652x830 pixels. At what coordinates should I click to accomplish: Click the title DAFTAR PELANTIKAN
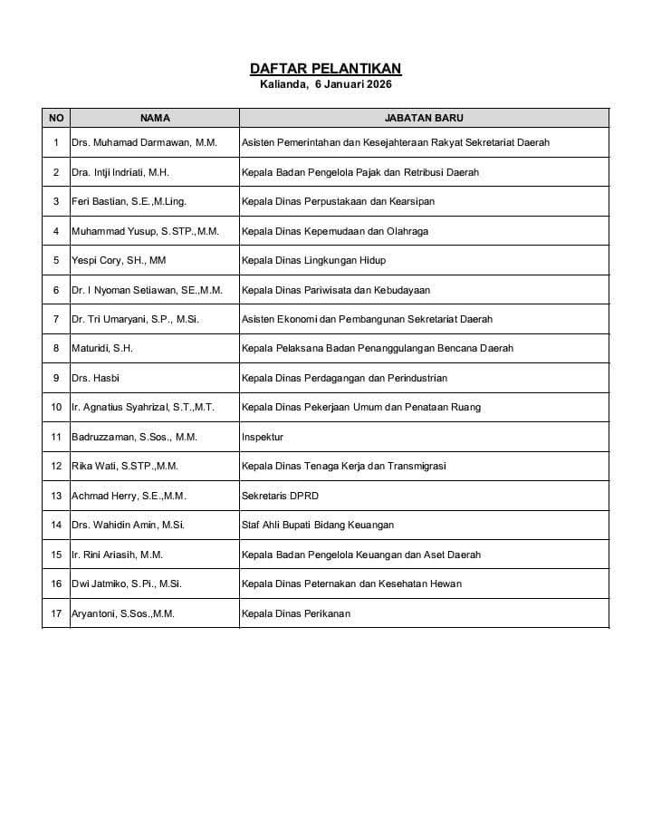325,69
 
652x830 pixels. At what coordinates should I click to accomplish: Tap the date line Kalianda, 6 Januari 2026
325,84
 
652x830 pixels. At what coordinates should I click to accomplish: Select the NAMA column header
155,118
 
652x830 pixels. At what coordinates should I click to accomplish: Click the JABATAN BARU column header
424,118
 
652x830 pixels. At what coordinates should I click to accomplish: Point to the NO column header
56,118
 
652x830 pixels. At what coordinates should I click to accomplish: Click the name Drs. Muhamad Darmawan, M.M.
145,142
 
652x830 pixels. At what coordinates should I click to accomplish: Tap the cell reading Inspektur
263,437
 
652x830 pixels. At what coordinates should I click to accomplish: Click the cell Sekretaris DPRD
280,496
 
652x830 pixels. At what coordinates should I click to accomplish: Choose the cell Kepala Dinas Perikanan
295,613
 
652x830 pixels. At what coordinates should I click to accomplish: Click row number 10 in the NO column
56,408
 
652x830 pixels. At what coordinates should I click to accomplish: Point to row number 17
56,613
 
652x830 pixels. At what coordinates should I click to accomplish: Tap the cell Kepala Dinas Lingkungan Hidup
313,260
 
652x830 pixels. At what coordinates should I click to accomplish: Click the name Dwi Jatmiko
127,584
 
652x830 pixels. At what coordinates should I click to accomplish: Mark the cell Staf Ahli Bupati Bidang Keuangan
317,525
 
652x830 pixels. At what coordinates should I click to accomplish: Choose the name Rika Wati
125,466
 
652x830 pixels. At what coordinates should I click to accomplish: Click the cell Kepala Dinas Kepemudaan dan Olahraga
334,231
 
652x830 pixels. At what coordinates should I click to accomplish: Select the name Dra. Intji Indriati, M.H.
120,172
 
